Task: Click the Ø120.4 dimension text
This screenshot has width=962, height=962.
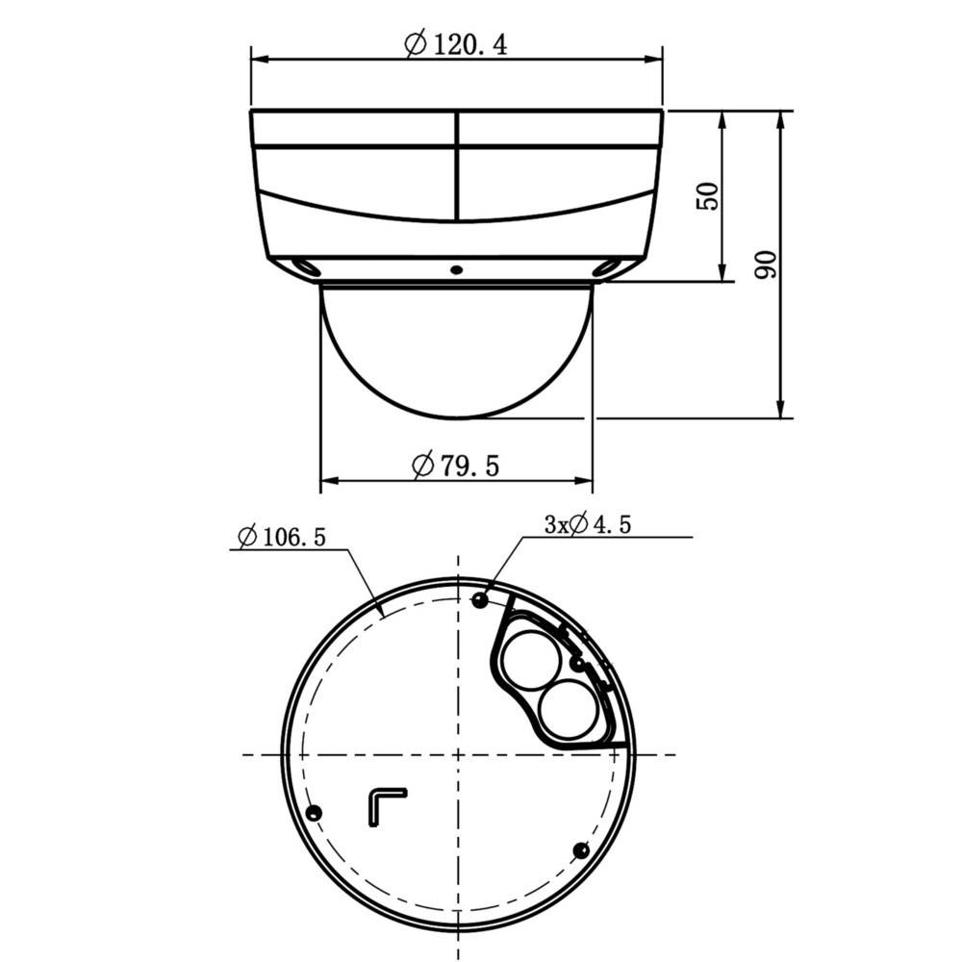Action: pyautogui.click(x=456, y=44)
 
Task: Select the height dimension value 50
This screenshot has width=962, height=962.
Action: pyautogui.click(x=707, y=196)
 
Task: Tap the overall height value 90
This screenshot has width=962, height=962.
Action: pyautogui.click(x=765, y=265)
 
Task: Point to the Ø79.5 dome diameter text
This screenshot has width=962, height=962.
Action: pyautogui.click(x=456, y=466)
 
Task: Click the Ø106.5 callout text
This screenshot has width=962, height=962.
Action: pyautogui.click(x=280, y=536)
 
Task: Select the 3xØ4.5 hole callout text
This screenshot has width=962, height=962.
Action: pyautogui.click(x=587, y=524)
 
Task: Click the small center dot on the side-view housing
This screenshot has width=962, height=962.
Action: pyautogui.click(x=457, y=268)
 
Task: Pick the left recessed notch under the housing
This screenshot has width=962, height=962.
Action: pyautogui.click(x=306, y=266)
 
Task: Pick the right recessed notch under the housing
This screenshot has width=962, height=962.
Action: pyautogui.click(x=607, y=266)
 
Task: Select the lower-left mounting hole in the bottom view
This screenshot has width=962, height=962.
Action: pyautogui.click(x=311, y=814)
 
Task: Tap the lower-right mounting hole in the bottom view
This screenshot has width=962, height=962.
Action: pyautogui.click(x=580, y=849)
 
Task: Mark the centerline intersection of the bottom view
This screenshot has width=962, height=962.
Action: pyautogui.click(x=458, y=753)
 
